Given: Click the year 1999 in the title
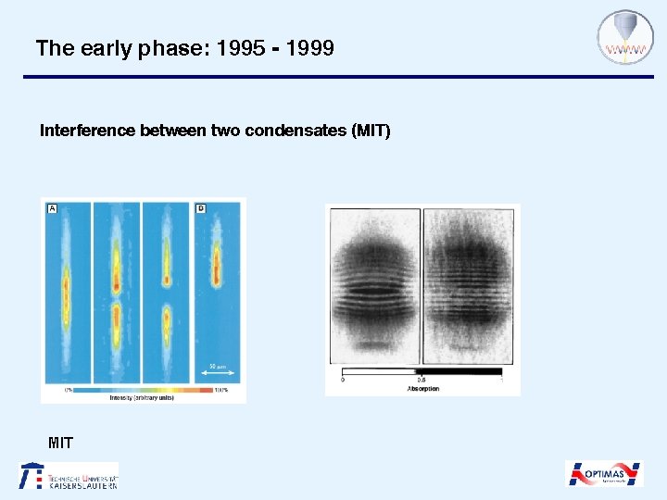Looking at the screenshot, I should pos(310,48).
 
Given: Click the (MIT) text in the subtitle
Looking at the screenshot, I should pos(371,131).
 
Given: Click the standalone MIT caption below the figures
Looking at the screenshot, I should pos(60,443).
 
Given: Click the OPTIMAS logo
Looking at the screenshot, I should pos(604,474).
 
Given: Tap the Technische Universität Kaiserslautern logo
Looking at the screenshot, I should pos(69,475).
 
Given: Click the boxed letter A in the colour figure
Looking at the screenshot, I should pos(52,209).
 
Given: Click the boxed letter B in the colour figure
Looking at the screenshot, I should pos(200,209).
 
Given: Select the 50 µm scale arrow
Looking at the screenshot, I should pos(217,372).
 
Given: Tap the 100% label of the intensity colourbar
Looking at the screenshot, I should pos(220,390).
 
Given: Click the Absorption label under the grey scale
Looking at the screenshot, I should pos(422,389).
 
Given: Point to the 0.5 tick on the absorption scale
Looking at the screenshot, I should pos(422,379).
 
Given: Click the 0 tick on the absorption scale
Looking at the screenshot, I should pos(344,379).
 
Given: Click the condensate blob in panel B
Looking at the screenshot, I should pos(216,264).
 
